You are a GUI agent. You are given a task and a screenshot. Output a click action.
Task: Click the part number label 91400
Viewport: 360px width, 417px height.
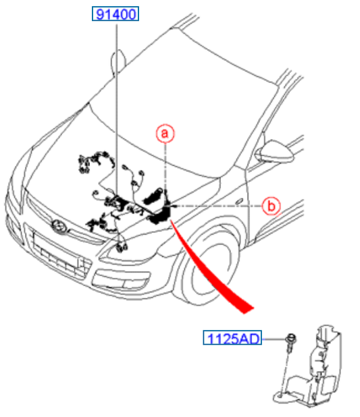(x=115, y=13)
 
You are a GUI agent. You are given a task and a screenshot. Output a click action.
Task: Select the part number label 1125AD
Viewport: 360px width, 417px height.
(x=232, y=338)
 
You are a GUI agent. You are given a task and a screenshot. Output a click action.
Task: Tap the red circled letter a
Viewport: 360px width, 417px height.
(x=165, y=133)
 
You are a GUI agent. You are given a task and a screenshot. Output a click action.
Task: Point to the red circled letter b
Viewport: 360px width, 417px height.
(x=271, y=206)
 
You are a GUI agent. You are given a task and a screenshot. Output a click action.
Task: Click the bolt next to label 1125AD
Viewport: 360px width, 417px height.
(x=290, y=342)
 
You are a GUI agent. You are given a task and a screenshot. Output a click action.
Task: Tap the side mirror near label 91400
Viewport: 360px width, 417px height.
(x=118, y=61)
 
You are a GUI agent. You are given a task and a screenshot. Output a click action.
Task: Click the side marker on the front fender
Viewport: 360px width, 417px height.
(x=239, y=201)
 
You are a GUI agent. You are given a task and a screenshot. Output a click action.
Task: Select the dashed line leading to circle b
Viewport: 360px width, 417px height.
(x=217, y=206)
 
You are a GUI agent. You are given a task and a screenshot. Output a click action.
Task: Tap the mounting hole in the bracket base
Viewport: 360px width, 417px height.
(x=280, y=395)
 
